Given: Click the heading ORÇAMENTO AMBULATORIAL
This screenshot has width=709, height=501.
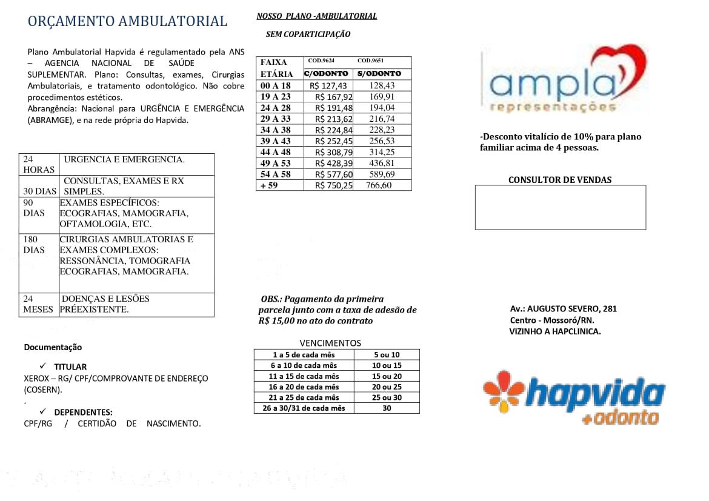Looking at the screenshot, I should click(x=127, y=21).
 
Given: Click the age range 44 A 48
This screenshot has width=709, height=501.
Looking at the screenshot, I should click(x=276, y=152).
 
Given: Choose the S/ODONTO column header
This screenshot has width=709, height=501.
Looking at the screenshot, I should click(x=379, y=74).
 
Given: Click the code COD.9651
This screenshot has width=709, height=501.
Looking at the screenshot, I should click(x=370, y=61).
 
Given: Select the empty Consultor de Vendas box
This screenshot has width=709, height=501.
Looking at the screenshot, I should click(x=560, y=207).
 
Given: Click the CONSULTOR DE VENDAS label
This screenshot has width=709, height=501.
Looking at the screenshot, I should click(x=560, y=180).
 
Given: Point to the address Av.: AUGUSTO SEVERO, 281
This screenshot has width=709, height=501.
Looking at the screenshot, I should click(x=564, y=309).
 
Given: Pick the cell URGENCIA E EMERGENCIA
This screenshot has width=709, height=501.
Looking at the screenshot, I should click(x=124, y=159).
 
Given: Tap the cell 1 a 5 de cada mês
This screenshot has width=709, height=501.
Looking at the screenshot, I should click(x=304, y=354).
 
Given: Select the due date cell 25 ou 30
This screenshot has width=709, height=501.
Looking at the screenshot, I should click(x=387, y=397).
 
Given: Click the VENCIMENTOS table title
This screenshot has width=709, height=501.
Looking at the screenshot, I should click(x=330, y=343).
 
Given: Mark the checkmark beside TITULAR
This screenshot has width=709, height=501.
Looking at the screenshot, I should click(x=43, y=366).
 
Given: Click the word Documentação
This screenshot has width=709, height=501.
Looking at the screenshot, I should click(x=53, y=347).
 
